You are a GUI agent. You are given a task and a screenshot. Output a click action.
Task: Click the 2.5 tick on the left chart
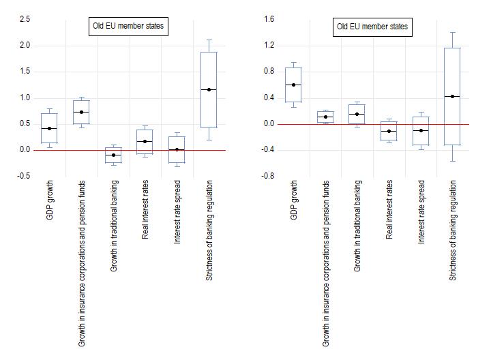[25, 19]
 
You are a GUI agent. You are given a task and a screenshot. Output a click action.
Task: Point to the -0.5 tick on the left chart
[24, 176]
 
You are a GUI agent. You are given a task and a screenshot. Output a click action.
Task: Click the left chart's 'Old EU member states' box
[129, 27]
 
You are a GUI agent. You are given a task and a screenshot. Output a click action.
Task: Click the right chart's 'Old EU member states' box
[373, 27]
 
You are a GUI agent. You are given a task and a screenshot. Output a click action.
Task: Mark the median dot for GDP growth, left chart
[49, 128]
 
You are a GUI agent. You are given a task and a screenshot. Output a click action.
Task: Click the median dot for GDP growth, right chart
[293, 85]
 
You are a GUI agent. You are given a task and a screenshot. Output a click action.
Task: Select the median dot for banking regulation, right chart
[453, 96]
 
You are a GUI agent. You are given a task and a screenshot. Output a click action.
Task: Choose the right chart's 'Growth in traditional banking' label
[357, 226]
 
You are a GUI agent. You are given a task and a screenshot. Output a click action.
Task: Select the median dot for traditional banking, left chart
[113, 155]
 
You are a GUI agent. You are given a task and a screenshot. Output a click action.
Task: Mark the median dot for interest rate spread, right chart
[421, 130]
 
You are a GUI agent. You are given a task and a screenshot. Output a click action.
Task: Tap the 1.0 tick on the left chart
[25, 97]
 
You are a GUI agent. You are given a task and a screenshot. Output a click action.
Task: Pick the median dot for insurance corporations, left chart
[81, 112]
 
